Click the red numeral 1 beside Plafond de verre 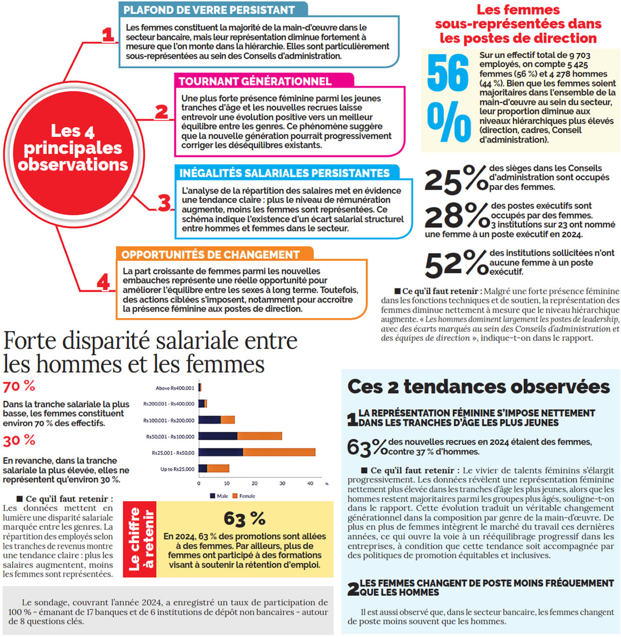[x=108, y=35]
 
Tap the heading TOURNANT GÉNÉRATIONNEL [x=255, y=81]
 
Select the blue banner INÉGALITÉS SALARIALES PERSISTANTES [x=284, y=173]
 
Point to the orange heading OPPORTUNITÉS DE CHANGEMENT [x=211, y=255]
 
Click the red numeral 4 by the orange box [x=103, y=282]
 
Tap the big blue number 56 [x=448, y=73]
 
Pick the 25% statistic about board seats [x=455, y=179]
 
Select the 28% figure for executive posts [x=456, y=215]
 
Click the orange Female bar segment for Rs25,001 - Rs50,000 [x=279, y=452]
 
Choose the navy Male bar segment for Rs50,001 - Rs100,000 [x=218, y=436]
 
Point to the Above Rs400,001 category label [x=175, y=388]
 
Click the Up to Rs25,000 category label [x=177, y=469]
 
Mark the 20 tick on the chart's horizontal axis [x=254, y=483]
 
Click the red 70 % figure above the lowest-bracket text [x=19, y=386]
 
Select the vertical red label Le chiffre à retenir [x=140, y=539]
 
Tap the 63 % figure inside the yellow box [x=245, y=518]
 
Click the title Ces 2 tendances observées [x=478, y=386]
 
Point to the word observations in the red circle [x=73, y=165]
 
